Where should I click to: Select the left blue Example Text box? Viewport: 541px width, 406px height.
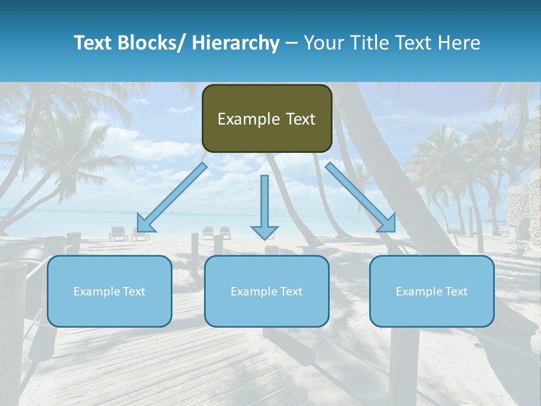[109, 291]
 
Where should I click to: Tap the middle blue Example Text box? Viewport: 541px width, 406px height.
[267, 291]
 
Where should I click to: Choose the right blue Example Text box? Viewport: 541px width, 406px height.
[432, 291]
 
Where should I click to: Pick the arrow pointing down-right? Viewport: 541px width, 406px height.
[361, 197]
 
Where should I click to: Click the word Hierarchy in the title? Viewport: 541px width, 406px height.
[236, 43]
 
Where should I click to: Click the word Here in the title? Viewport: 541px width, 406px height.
[459, 43]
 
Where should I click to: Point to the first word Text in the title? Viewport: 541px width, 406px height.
[94, 43]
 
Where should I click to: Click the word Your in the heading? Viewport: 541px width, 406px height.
[323, 43]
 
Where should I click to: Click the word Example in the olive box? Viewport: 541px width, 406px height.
[249, 120]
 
